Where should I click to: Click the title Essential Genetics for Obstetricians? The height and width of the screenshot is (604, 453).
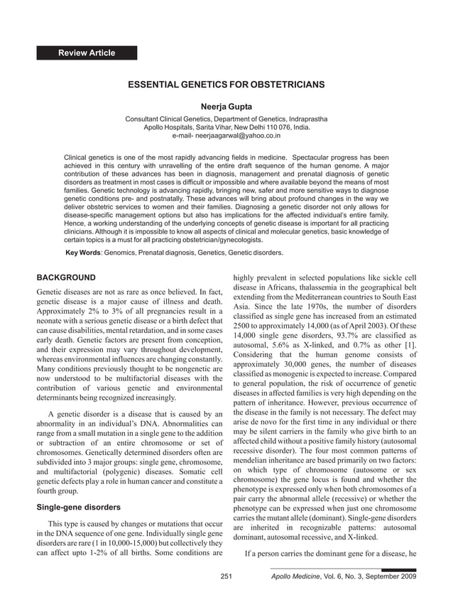[x=226, y=84]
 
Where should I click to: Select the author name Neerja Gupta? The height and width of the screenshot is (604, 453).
[x=226, y=107]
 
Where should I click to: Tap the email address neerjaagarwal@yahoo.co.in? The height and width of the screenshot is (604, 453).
[x=226, y=134]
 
